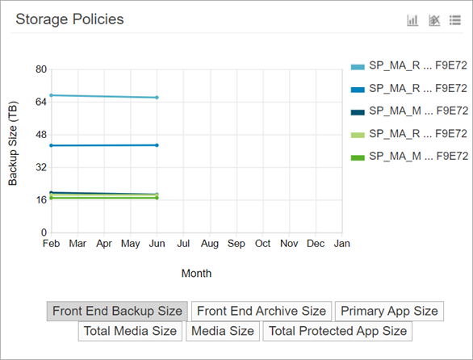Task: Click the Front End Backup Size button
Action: [117, 311]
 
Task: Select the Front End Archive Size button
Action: [262, 311]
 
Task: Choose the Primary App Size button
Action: [389, 311]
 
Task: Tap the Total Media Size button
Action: [131, 331]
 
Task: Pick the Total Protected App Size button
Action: [337, 331]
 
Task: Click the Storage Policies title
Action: [70, 19]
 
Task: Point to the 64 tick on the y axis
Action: [40, 102]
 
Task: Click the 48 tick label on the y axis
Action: [40, 135]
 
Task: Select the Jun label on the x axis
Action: [157, 243]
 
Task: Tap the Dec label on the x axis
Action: [316, 243]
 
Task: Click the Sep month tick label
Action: [236, 243]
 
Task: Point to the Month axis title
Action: [196, 274]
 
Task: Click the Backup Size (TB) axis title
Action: [13, 150]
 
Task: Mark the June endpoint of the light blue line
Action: [157, 98]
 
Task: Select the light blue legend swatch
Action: [357, 66]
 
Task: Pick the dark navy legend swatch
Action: [357, 111]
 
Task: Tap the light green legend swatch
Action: [357, 133]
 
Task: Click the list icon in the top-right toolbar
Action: [455, 20]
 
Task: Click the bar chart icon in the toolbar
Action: [412, 20]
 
